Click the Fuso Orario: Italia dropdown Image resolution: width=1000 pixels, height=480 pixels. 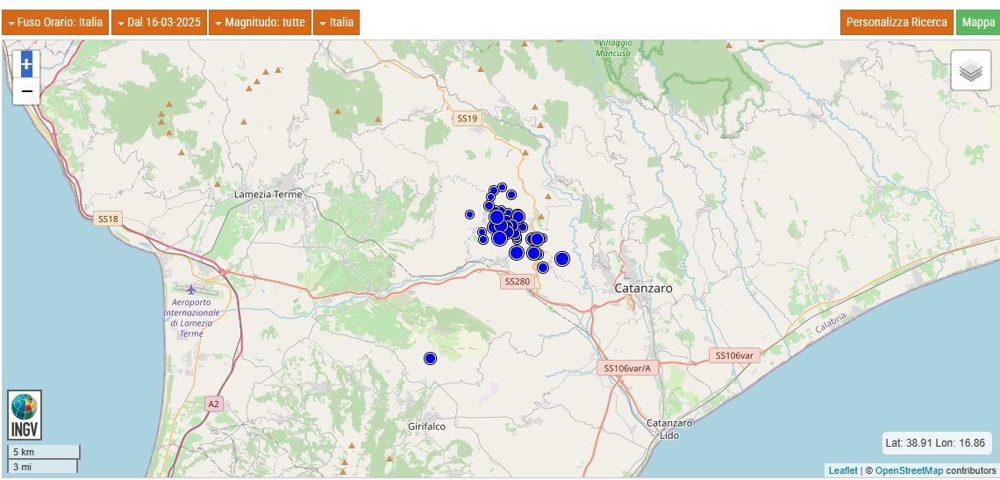coord(55,23)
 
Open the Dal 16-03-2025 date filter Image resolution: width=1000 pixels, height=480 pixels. coord(159,23)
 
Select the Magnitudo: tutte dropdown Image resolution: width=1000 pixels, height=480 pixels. coord(259,23)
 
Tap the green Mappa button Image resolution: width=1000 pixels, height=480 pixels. coord(977,23)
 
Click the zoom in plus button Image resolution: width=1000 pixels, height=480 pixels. coord(26,63)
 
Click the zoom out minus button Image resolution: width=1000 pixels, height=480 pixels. coord(26,90)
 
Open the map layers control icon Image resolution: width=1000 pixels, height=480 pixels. coord(970,71)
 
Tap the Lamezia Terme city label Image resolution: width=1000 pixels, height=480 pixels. coord(268,194)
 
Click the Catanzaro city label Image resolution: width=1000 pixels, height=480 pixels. coord(643,288)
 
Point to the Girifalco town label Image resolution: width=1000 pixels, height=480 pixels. coord(427,426)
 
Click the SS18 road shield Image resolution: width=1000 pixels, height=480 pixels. coord(108,218)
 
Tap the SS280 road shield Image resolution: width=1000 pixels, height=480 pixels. coord(518,282)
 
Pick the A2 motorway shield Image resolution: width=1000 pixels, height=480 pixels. coord(214,404)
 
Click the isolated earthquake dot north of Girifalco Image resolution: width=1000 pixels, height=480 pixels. coord(430,358)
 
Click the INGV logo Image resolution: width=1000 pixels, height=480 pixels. coord(25,415)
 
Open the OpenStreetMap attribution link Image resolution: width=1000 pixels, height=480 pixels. coord(909,471)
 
